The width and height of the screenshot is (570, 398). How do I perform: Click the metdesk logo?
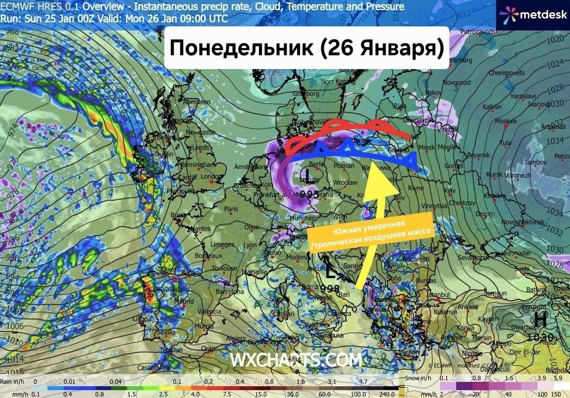[534, 14]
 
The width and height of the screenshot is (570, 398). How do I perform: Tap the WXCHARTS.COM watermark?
[296, 360]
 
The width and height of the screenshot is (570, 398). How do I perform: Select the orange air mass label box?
[370, 231]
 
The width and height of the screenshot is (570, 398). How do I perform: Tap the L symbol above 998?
[330, 274]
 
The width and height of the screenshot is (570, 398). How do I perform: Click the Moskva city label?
[505, 121]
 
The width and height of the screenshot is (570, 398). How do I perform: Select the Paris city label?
[232, 209]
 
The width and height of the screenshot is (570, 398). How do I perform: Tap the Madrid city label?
[183, 301]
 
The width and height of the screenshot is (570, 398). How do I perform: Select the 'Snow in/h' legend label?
[420, 379]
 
